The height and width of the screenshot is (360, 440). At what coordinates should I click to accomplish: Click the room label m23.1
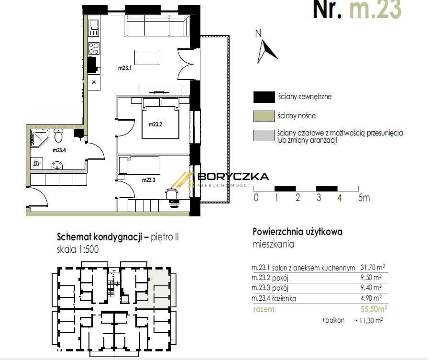point(125,68)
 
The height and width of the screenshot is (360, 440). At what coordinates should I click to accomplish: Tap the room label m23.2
point(155,124)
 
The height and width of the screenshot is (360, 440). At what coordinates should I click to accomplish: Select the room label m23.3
point(149,180)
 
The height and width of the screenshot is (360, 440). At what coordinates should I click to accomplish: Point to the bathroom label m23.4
point(59,150)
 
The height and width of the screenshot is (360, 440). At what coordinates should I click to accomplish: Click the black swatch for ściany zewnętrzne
point(263,97)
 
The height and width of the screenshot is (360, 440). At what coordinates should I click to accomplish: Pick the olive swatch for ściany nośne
point(263,116)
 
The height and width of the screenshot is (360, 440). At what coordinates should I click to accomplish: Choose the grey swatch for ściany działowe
point(263,136)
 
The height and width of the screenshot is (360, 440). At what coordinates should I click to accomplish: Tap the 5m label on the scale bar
point(364,198)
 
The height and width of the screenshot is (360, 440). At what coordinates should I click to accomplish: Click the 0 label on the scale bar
point(256,198)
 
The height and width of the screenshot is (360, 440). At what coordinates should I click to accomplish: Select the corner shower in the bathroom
point(38,137)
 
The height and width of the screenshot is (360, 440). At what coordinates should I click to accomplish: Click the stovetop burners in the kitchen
point(94,48)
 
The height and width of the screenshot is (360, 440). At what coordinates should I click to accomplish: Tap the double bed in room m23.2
point(160,121)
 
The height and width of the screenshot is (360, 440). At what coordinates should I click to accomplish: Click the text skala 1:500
point(78,249)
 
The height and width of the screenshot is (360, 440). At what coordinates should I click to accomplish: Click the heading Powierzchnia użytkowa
point(297,232)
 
